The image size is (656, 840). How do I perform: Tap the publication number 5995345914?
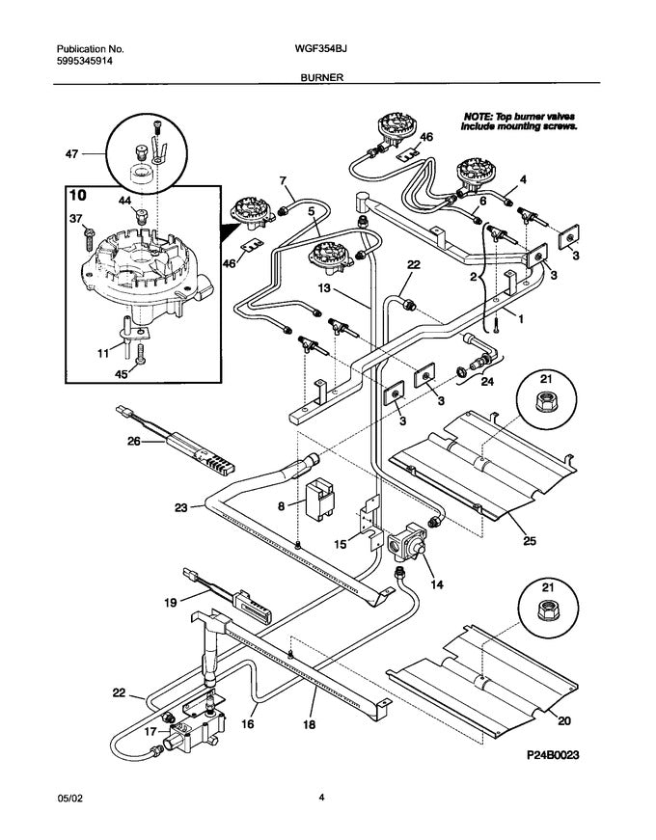pos(85,61)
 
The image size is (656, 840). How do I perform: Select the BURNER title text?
pos(321,78)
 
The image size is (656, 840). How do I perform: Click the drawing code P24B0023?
pos(553,755)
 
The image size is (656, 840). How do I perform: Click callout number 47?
pos(71,154)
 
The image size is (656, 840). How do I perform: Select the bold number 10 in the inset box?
pos(78,195)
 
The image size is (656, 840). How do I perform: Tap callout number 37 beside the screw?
pos(75,219)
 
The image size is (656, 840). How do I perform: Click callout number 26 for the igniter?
pos(133,442)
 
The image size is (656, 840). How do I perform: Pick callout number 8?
pos(282,504)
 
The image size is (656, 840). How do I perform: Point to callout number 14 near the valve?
pos(437,583)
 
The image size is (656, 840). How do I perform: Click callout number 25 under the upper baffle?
pos(529,541)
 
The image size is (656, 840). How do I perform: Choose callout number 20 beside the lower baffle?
pos(564,721)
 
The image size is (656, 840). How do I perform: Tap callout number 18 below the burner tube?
pos(310,724)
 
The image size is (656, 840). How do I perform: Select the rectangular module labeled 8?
pos(319,499)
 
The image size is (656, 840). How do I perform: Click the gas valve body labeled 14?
pos(407,541)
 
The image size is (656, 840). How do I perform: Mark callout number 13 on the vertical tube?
pos(324,288)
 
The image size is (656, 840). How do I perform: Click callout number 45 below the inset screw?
pos(122,374)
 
